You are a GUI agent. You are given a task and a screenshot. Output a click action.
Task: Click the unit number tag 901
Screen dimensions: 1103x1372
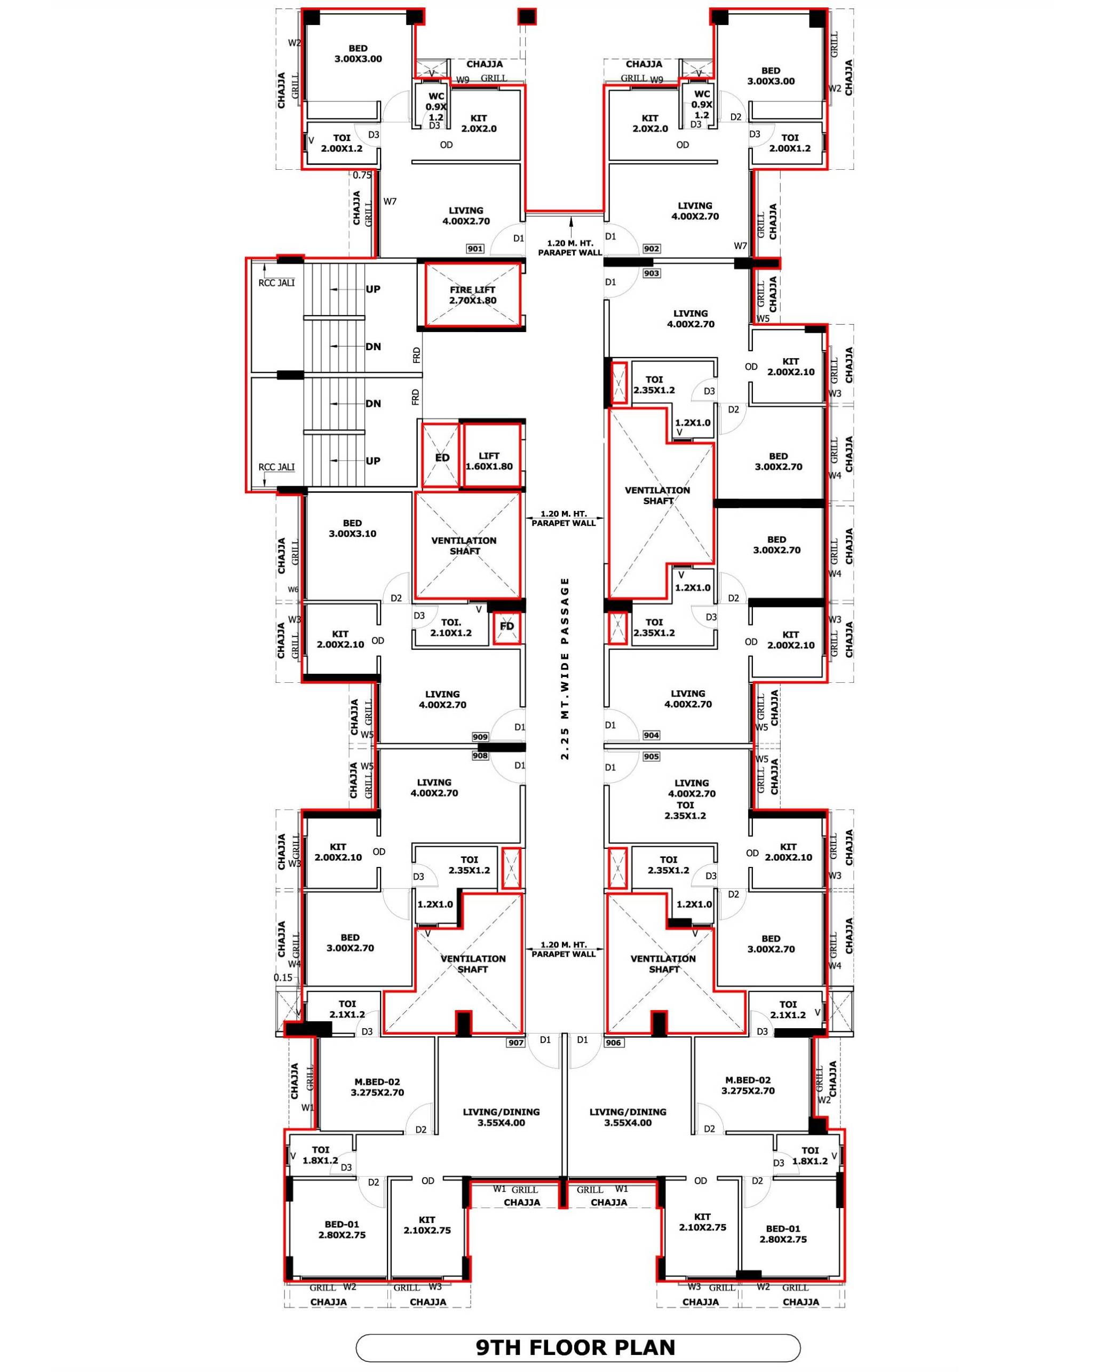coord(475,249)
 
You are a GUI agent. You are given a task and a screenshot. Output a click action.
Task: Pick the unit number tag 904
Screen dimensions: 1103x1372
coord(650,735)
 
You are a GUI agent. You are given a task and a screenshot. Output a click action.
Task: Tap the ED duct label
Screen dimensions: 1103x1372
coord(442,458)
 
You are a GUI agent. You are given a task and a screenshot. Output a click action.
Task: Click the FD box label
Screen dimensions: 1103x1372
coord(507,626)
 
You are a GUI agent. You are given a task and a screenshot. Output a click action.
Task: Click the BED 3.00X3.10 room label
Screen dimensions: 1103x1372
coord(352,528)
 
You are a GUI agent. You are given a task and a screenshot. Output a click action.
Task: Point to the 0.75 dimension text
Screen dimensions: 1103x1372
coord(362,175)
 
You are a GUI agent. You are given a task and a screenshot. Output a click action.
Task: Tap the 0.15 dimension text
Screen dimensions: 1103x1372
coord(283,977)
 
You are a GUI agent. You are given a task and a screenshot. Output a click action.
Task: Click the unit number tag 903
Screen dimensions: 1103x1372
coord(652,273)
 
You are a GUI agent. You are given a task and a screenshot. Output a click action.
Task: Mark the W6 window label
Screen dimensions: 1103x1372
coord(293,589)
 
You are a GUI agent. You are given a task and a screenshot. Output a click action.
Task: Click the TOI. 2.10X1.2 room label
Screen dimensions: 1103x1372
coord(451,627)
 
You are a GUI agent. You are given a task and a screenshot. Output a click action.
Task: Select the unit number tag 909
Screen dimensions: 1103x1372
coord(480,737)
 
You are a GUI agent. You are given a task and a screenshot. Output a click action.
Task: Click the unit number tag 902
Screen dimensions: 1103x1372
coord(652,249)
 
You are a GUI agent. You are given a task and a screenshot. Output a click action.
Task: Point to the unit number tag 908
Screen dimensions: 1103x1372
coord(480,756)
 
